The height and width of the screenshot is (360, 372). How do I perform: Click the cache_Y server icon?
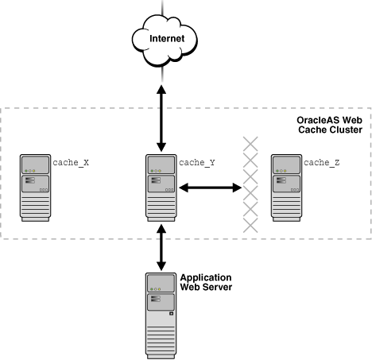pos(161,188)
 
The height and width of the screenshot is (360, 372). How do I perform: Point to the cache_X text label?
pos(71,162)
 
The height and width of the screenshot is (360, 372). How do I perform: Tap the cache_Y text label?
pos(196,162)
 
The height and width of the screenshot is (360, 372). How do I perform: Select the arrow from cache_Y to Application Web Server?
pos(161,247)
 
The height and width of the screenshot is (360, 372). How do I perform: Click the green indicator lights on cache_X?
pos(29,171)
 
